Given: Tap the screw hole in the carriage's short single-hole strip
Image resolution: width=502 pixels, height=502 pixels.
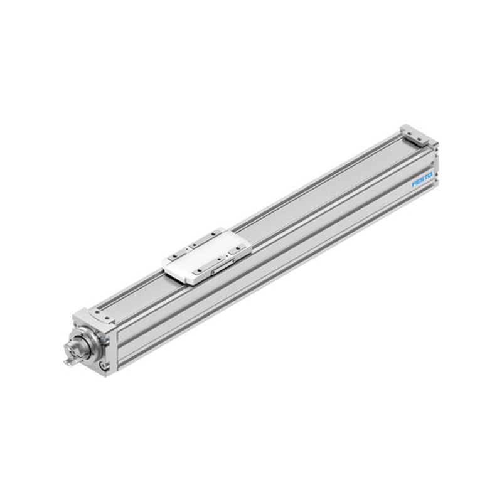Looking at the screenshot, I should [x=238, y=248].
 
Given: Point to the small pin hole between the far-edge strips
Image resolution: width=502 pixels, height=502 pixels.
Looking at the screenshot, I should [x=187, y=249].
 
